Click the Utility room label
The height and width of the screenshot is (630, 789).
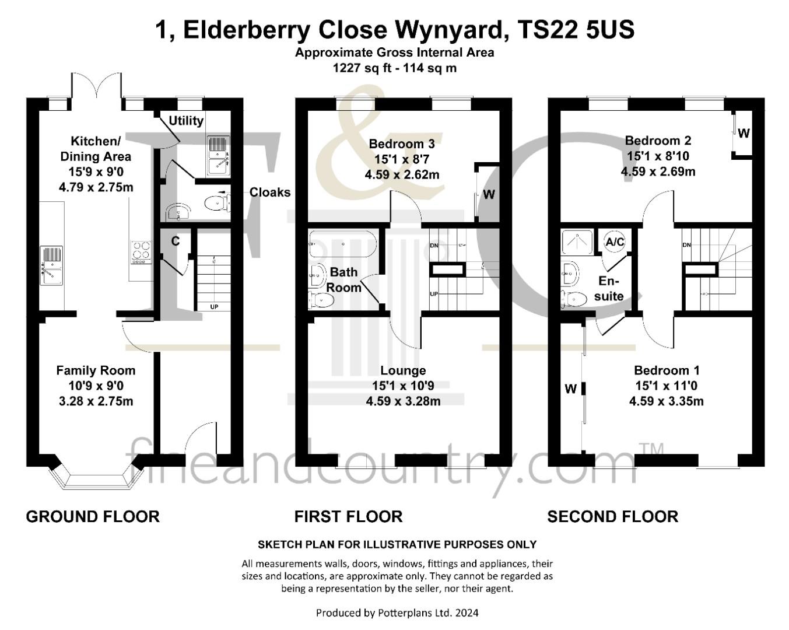coord(186,121)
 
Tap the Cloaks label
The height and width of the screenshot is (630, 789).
coord(270,192)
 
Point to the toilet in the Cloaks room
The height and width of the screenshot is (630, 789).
coord(217,203)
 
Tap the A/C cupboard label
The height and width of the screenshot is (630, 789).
coord(615,242)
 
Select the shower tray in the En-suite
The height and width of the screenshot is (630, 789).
coord(577,243)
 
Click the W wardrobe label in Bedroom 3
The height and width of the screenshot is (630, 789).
coord(489,194)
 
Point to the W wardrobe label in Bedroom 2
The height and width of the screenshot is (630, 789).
coord(744,133)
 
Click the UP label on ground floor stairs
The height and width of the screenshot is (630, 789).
coord(214,307)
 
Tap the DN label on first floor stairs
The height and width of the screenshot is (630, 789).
coord(434,246)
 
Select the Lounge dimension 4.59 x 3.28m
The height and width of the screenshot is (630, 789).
coord(403,401)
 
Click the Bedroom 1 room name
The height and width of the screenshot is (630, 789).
coord(667,370)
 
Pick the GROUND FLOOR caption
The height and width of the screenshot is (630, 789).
coord(93,517)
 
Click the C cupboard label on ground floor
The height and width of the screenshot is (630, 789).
coord(176,241)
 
